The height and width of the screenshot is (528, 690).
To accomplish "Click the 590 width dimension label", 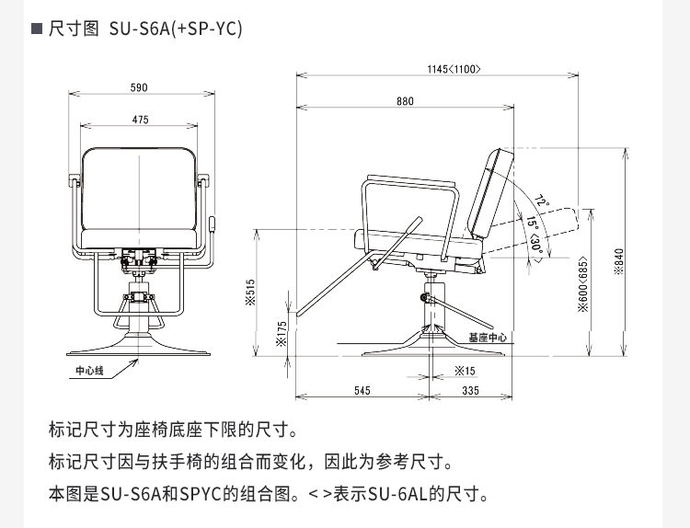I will [x=139, y=88].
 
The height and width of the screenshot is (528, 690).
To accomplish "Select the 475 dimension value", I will [x=139, y=121].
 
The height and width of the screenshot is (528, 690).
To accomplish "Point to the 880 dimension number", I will [x=406, y=102].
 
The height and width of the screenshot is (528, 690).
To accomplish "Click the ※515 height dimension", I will [x=249, y=293].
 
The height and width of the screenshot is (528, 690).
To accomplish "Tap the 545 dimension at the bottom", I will [x=362, y=391].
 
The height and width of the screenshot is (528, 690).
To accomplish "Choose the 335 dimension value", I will [x=470, y=391].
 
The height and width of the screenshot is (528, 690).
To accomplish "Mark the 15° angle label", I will [x=532, y=223].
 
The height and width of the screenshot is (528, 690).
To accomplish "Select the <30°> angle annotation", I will [x=536, y=243].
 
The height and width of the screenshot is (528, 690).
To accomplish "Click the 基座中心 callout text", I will [x=488, y=339].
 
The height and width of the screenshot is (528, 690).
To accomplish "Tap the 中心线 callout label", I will [x=91, y=372].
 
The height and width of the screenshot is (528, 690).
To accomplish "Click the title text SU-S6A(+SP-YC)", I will [x=176, y=29].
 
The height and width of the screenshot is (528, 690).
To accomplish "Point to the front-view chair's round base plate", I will [x=139, y=350].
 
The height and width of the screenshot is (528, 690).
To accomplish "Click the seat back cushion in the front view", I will [x=140, y=198].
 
